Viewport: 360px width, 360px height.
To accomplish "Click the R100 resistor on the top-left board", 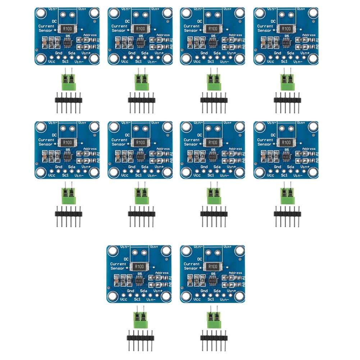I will pyautogui.click(x=67, y=28).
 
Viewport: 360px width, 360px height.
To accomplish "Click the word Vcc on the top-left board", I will pyautogui.click(x=51, y=61).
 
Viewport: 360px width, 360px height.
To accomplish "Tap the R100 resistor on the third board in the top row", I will pyautogui.click(x=213, y=28).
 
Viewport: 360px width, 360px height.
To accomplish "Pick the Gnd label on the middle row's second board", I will pyautogui.click(x=131, y=167).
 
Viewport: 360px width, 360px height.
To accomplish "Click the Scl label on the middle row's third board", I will pyautogui.click(x=211, y=175).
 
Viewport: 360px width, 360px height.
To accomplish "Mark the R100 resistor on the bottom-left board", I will pyautogui.click(x=139, y=266).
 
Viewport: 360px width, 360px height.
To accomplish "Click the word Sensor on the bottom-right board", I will pyautogui.click(x=191, y=268).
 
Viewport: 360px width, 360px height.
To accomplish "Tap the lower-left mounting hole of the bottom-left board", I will pyautogui.click(x=113, y=296).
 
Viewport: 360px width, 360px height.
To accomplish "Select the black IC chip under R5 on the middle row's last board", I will pyautogui.click(x=287, y=157).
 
